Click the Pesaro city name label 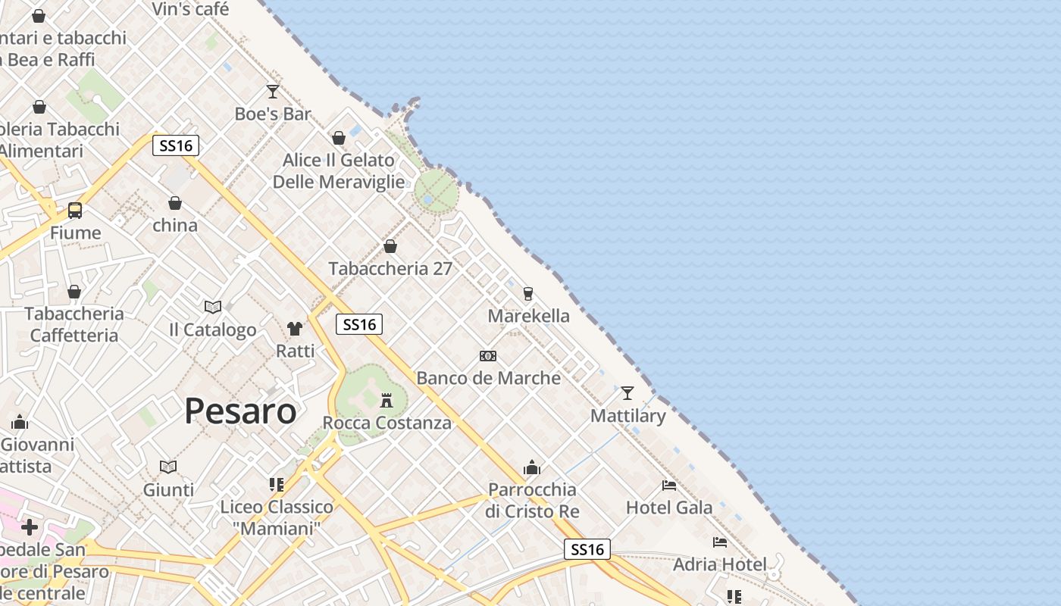[240, 411]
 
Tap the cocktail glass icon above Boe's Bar [273, 92]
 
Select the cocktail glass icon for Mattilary [627, 393]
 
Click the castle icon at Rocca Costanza [387, 400]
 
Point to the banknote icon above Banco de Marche [488, 356]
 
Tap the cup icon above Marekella [528, 293]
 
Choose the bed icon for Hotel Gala [668, 485]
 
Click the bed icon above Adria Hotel [719, 542]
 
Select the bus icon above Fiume [75, 210]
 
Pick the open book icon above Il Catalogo [213, 307]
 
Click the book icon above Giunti [168, 467]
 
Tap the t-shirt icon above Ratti [295, 329]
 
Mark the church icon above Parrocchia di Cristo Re [532, 467]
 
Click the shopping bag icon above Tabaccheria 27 [390, 246]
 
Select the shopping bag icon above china [175, 203]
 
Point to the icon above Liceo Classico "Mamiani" [277, 484]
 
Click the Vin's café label [190, 9]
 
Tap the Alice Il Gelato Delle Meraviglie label [339, 171]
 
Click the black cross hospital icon [30, 526]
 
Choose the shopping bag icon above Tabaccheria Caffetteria [74, 292]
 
